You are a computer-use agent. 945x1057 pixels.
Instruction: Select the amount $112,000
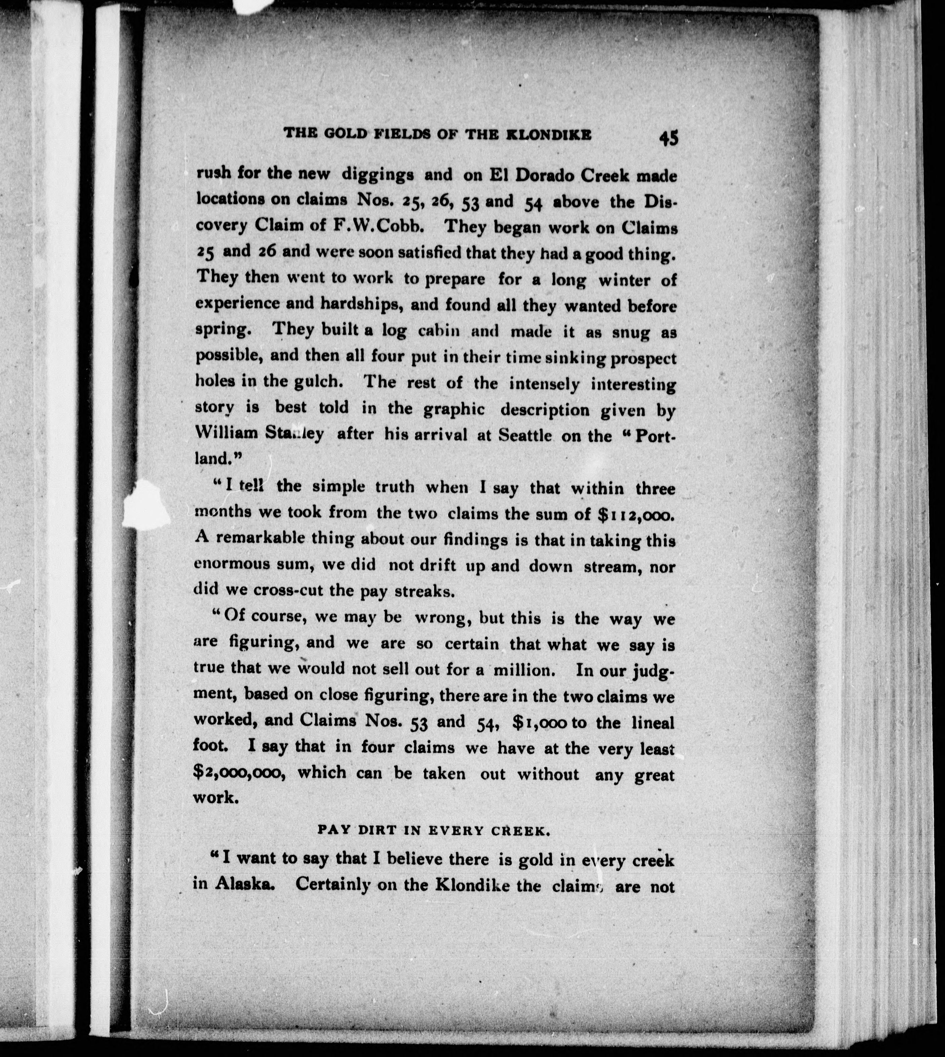click(634, 514)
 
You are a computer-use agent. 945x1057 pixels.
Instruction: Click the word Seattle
click(525, 435)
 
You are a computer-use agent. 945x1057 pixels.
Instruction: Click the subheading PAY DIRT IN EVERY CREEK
click(433, 830)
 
